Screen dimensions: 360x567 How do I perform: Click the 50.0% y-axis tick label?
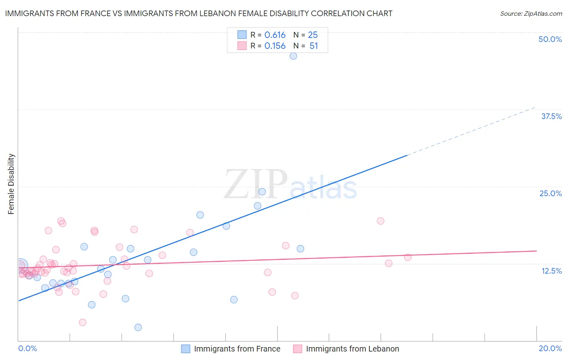pos(550,39)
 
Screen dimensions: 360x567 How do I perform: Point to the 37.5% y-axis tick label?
pos(551,116)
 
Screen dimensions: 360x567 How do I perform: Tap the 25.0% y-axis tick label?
pos(550,193)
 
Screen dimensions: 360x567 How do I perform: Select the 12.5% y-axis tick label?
pos(551,271)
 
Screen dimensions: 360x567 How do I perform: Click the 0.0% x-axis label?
pos(27,348)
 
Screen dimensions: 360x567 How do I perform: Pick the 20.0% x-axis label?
pos(550,348)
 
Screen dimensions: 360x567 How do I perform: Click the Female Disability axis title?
pos(11,184)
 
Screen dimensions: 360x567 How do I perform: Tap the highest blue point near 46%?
pos(293,56)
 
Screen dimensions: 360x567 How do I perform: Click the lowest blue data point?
pos(138,327)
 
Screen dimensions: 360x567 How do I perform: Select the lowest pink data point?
pos(83,322)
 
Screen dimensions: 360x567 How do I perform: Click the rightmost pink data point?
pos(408,257)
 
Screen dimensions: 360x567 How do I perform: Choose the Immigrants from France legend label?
pos(237,349)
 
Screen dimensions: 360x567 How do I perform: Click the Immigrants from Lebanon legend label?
pos(352,349)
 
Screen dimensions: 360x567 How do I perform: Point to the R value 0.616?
pos(275,35)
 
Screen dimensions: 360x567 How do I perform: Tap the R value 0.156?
pos(275,46)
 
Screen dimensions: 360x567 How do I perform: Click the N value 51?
pos(314,46)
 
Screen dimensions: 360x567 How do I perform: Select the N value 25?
pos(313,35)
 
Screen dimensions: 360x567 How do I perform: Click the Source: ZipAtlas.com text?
pos(531,14)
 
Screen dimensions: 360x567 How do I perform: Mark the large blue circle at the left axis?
pos(20,266)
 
